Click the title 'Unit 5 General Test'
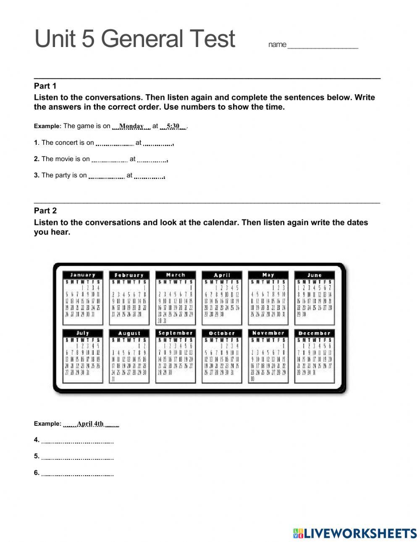(135, 39)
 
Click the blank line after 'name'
(323, 45)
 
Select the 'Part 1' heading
(45, 86)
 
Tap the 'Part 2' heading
(45, 211)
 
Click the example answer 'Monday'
(131, 126)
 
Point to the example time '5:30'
(173, 126)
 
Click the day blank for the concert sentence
(115, 143)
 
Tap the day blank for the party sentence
(107, 176)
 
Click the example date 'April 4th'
(90, 424)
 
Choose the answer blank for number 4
(78, 440)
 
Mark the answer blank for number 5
(78, 457)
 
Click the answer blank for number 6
(78, 474)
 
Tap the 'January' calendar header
(83, 275)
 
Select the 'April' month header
(222, 275)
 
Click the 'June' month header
(314, 275)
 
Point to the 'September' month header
(176, 333)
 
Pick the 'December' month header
(314, 333)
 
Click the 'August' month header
(129, 333)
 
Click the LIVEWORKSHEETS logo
(355, 533)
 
